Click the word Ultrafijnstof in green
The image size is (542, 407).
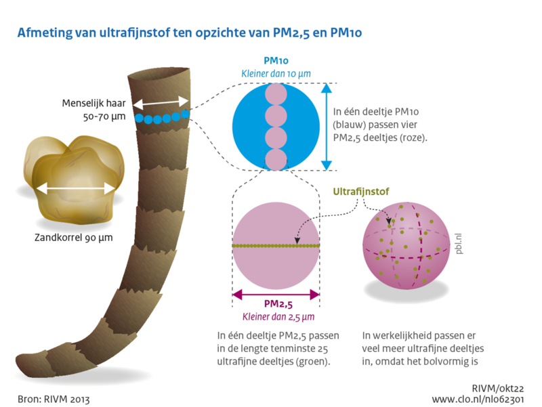click(x=361, y=192)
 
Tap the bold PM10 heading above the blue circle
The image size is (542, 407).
click(x=276, y=61)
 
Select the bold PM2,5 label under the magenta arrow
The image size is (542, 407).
click(x=278, y=304)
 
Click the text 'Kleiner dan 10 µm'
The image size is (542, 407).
click(x=276, y=74)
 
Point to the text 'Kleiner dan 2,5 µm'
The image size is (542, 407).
click(x=278, y=317)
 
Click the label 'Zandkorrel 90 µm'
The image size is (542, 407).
click(x=74, y=238)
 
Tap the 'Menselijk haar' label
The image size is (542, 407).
click(x=93, y=104)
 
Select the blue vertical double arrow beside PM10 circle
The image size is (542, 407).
click(x=327, y=127)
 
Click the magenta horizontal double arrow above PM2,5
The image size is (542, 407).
click(x=276, y=295)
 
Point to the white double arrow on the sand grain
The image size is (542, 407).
click(x=75, y=189)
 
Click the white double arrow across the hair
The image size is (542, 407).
click(x=161, y=103)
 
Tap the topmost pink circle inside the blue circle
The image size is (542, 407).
click(x=276, y=94)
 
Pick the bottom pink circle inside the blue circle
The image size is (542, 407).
click(x=276, y=160)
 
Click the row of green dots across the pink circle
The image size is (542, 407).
click(x=276, y=246)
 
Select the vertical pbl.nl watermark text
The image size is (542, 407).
click(x=459, y=244)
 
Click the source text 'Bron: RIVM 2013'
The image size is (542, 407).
click(x=54, y=400)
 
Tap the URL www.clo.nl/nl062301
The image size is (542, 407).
click(x=478, y=400)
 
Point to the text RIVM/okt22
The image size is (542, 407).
click(x=498, y=388)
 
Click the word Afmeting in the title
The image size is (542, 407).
click(x=45, y=33)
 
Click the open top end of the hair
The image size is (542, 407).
click(x=159, y=74)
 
